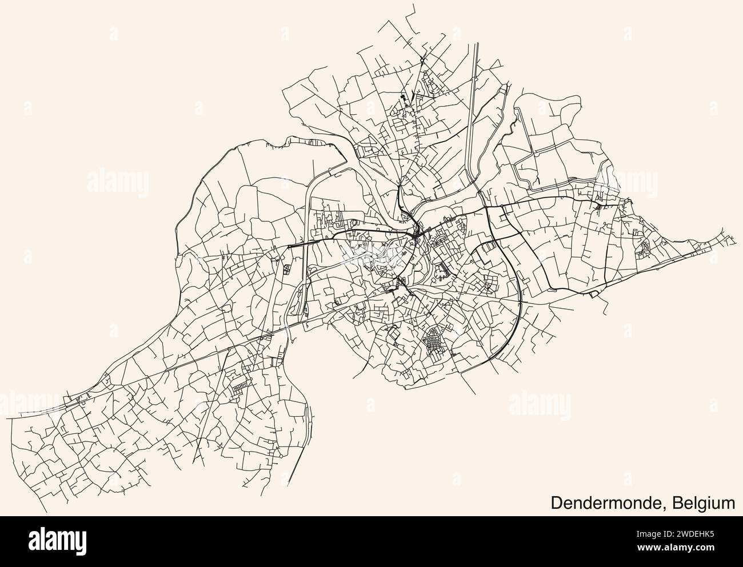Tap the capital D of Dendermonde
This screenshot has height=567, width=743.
point(556,503)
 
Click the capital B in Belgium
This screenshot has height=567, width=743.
point(678,503)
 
